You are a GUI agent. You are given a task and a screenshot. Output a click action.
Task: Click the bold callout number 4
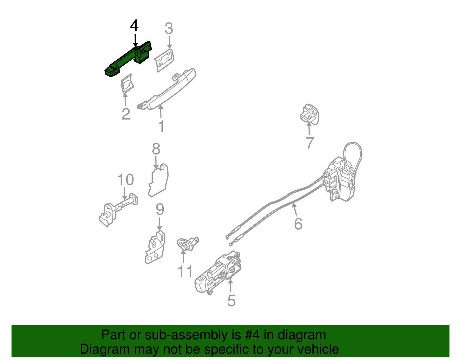point(134,26)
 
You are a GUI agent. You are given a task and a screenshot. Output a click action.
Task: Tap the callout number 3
point(169,29)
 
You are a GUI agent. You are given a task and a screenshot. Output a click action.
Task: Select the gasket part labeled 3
point(164,60)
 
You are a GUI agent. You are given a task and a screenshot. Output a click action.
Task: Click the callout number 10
point(126,180)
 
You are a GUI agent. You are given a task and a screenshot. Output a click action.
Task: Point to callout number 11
point(185,271)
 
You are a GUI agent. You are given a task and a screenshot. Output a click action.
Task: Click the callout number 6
point(298,224)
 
